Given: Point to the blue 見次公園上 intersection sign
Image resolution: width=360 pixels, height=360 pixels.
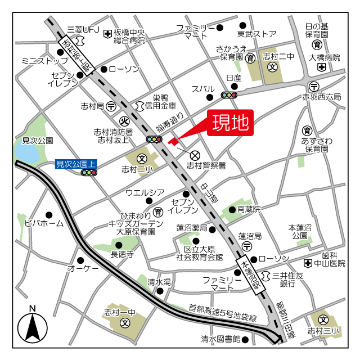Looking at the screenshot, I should click(76, 165).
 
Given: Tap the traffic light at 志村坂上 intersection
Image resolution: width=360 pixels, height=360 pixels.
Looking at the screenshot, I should click(154, 139).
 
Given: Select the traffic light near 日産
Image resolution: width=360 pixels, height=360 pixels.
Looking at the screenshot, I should click(229, 95).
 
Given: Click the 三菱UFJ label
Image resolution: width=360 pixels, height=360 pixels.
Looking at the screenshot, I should click(83, 29).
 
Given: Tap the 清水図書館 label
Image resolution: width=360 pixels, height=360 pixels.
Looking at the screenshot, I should click(220, 339).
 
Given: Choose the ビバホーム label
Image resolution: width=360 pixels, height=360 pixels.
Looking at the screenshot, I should click(44, 223).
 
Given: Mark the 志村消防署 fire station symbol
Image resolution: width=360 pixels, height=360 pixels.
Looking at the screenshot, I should click(125, 120).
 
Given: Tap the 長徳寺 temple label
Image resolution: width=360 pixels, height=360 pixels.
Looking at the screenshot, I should click(121, 254).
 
